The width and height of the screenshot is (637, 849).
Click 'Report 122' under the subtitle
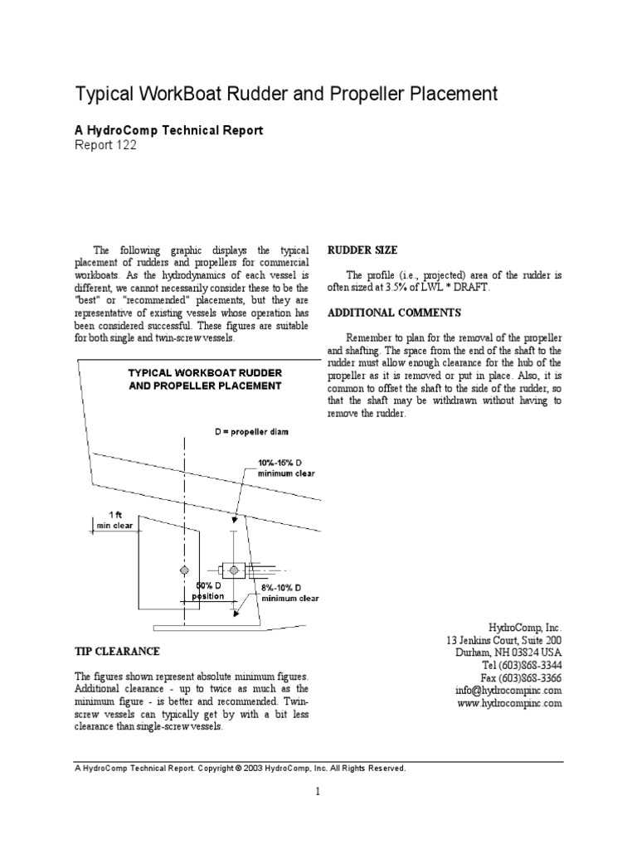tap(105, 145)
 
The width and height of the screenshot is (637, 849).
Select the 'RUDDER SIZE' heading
tap(362, 250)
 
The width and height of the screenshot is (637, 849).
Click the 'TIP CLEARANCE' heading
tap(117, 652)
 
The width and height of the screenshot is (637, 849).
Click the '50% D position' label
tap(207, 589)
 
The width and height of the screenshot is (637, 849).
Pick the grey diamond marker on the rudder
tap(184, 570)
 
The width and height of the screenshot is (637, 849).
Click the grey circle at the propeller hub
tap(235, 570)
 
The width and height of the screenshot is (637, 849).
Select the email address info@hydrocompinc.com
tap(509, 690)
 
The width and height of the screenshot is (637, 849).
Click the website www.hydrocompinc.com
tap(509, 703)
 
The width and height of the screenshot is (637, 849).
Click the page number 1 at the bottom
tap(318, 791)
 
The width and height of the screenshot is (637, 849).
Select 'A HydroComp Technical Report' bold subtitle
tap(169, 130)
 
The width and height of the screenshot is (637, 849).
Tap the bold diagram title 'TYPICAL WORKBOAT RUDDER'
tap(204, 373)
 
